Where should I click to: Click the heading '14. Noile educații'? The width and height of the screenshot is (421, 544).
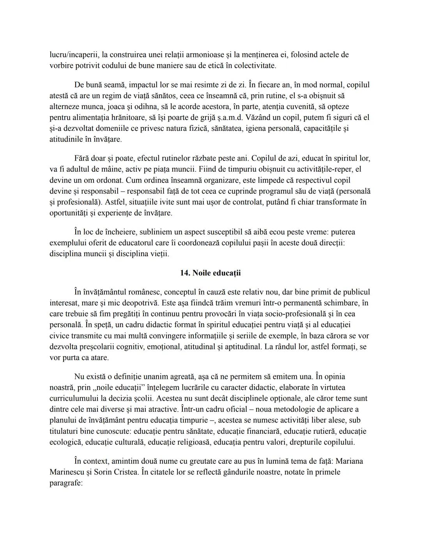tap(210, 273)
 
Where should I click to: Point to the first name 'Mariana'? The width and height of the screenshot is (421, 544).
tap(349, 461)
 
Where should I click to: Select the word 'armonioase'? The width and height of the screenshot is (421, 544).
tap(188, 55)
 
